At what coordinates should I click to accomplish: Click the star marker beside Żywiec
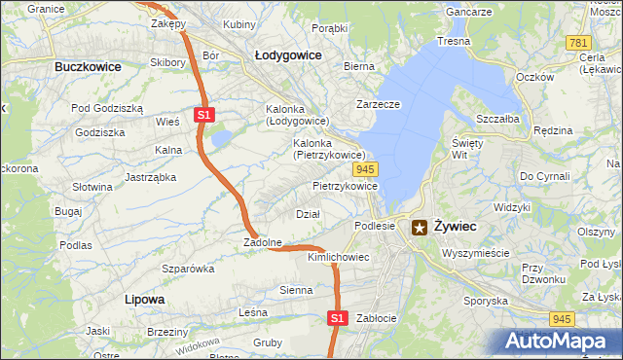click(x=420, y=228)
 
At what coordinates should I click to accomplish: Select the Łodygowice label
click(x=288, y=55)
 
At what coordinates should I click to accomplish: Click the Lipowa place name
click(x=145, y=299)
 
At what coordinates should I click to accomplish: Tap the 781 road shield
click(x=578, y=43)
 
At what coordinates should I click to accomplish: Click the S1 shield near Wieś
click(x=203, y=115)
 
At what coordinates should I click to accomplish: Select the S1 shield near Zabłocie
click(x=337, y=317)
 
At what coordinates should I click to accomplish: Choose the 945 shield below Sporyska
click(x=560, y=318)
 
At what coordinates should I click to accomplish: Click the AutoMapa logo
click(x=561, y=341)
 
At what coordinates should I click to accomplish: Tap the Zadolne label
click(x=263, y=242)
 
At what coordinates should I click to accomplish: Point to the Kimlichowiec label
click(x=338, y=257)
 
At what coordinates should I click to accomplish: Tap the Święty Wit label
click(x=461, y=148)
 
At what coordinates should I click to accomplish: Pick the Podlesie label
click(x=374, y=225)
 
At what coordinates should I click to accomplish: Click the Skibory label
click(x=167, y=62)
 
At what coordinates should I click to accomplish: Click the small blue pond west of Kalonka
click(x=220, y=140)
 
